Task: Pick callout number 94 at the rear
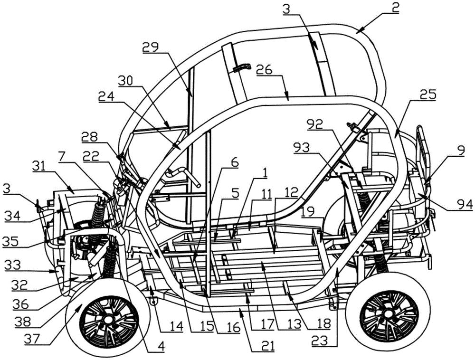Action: [461, 204]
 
